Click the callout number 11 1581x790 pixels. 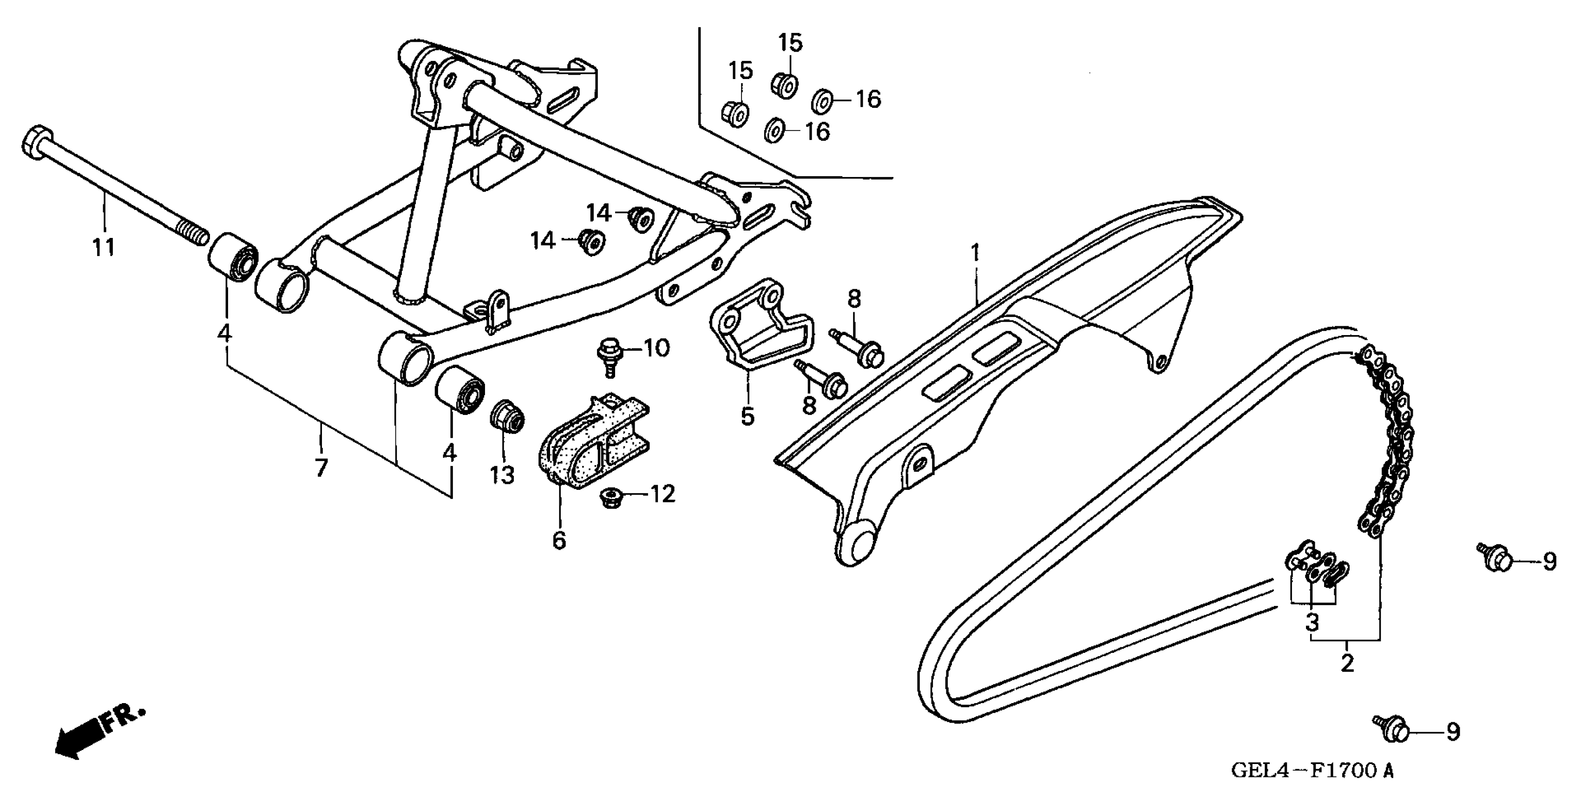click(104, 248)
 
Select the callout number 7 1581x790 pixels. click(321, 468)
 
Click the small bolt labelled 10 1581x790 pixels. click(609, 355)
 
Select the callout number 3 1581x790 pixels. click(1312, 623)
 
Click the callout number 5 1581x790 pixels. click(747, 417)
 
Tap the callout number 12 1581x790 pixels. click(662, 494)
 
